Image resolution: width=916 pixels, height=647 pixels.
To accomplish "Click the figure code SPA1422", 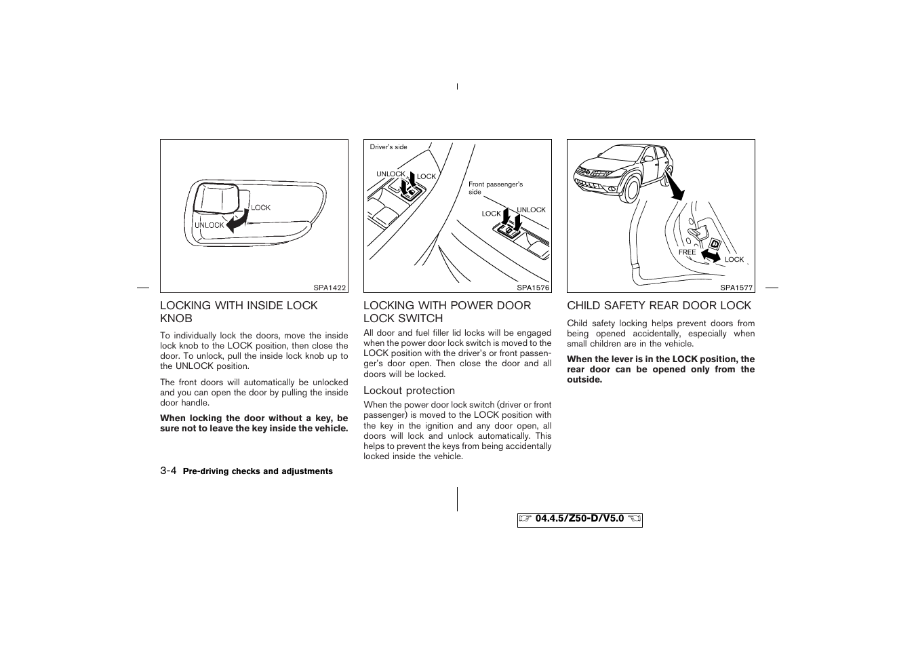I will [x=330, y=288].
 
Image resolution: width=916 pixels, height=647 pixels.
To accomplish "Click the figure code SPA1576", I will [x=533, y=288].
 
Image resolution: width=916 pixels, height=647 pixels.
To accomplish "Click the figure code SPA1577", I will [x=736, y=288].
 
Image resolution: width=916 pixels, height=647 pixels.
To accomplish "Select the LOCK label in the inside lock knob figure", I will [x=261, y=208].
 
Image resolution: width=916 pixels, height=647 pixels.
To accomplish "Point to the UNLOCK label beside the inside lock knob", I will [x=209, y=225].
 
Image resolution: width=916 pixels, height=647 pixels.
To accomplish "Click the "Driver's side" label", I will [x=389, y=147].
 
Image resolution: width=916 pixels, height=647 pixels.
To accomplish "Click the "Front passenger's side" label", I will [x=495, y=188].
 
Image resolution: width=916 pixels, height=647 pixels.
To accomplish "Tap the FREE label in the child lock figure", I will [x=687, y=252].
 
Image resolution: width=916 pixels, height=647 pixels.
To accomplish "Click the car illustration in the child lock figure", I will [x=624, y=171].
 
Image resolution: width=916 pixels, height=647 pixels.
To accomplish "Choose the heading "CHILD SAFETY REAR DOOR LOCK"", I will [x=659, y=306].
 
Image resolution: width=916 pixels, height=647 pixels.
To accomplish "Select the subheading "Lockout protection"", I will [x=409, y=391].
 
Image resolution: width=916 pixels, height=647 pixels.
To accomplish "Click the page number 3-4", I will [x=169, y=471].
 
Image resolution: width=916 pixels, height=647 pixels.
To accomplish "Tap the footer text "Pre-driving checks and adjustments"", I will [x=258, y=471].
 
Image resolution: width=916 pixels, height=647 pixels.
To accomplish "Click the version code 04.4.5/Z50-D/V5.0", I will [x=579, y=519].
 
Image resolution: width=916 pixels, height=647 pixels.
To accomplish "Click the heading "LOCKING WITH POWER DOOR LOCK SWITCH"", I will [x=447, y=312].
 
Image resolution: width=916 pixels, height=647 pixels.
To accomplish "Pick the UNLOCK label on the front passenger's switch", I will [x=531, y=210].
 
